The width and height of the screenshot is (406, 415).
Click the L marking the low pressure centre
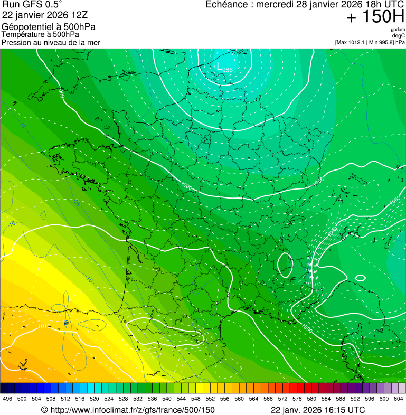(x=220, y=66)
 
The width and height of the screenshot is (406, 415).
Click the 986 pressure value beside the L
(x=227, y=70)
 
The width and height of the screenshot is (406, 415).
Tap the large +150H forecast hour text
(x=375, y=17)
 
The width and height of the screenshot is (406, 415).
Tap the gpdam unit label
(x=398, y=30)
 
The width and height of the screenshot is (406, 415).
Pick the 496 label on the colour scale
(x=7, y=399)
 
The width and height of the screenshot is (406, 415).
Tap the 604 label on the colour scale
(x=399, y=399)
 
